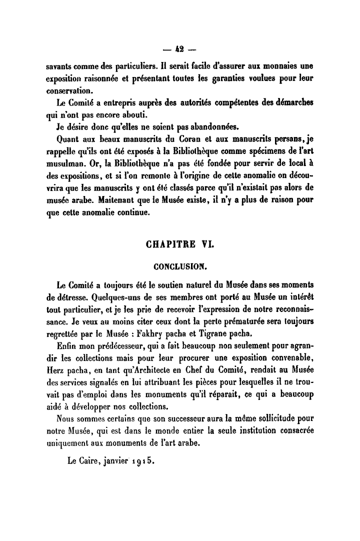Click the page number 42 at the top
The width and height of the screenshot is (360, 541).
pyautogui.click(x=179, y=49)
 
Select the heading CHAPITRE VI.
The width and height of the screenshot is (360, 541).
pyautogui.click(x=180, y=245)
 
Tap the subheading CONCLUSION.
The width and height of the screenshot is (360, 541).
pyautogui.click(x=180, y=266)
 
